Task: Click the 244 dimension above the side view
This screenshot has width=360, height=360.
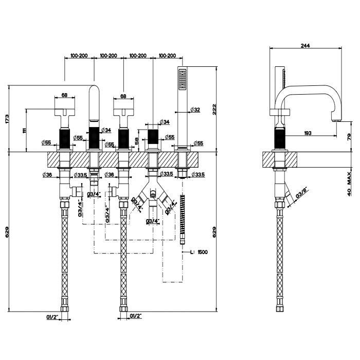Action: click(305, 46)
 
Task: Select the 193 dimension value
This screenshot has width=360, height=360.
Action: click(308, 133)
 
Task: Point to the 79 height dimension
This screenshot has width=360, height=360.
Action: click(349, 136)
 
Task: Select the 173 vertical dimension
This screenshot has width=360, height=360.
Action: click(8, 119)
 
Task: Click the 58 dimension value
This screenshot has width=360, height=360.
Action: click(136, 141)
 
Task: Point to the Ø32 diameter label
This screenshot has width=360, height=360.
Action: click(195, 110)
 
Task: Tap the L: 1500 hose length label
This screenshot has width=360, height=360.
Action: click(199, 252)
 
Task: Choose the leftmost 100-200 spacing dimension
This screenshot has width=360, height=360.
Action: click(79, 55)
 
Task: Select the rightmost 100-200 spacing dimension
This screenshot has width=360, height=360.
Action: click(168, 55)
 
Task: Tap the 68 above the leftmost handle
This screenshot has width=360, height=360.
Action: click(65, 95)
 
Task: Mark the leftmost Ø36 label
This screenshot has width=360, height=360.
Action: click(46, 175)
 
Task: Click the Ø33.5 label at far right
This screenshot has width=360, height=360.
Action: click(197, 175)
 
